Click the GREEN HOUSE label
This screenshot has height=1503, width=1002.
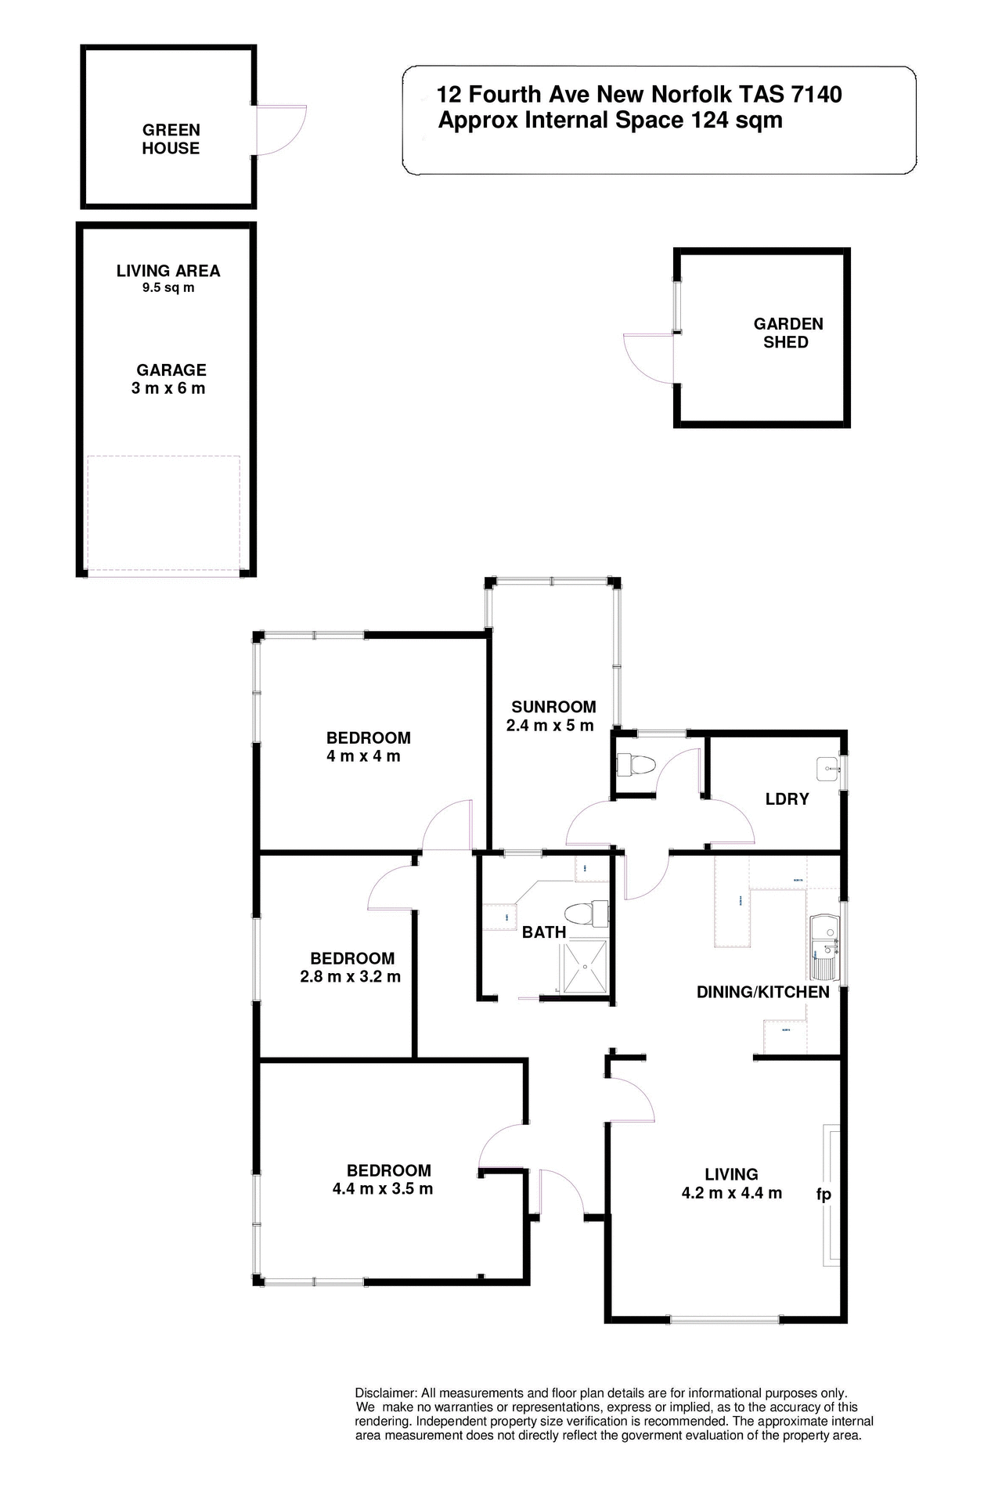point(171,139)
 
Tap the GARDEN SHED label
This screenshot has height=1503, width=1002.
point(788,333)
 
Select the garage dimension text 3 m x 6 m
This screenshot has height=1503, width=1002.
point(168,389)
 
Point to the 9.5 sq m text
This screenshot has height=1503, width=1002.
point(168,288)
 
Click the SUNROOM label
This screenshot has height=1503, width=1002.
point(553,707)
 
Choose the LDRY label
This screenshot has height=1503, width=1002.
point(787,799)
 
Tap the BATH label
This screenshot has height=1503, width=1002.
point(544,932)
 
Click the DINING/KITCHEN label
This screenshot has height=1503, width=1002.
point(762,993)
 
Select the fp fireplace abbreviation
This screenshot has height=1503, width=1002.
point(824,1194)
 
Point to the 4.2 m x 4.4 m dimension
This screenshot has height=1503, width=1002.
point(731,1193)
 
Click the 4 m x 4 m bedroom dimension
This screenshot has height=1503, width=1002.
point(363,756)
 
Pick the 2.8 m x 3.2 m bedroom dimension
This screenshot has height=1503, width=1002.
point(350,977)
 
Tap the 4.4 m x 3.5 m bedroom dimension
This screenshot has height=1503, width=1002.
point(382,1189)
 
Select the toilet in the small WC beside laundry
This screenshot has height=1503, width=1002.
point(631,764)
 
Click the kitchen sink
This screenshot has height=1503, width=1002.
point(825,947)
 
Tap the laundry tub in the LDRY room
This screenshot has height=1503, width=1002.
point(827,769)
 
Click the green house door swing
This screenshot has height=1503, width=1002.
point(279,130)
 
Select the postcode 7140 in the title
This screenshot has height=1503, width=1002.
point(816,95)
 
